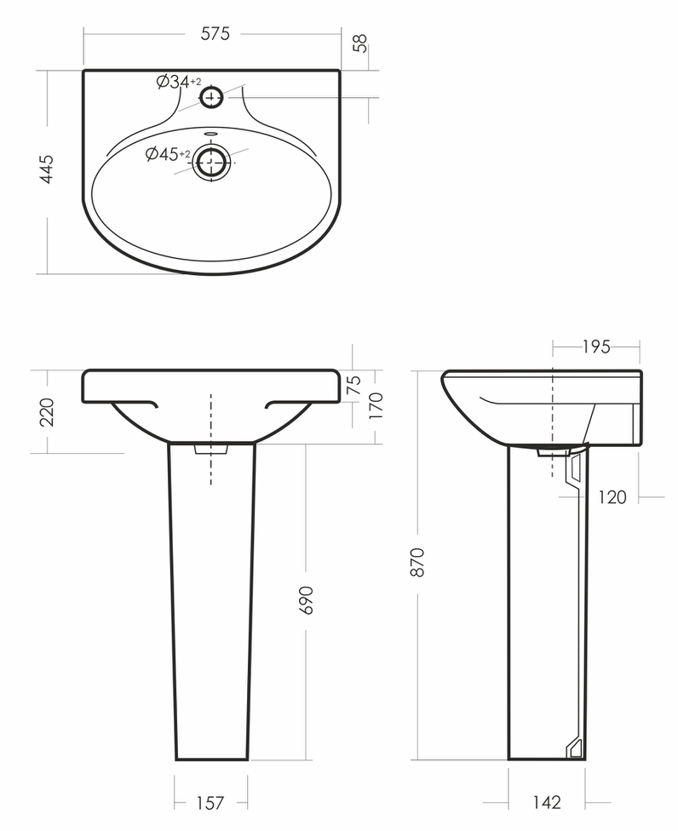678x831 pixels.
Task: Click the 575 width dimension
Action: (215, 34)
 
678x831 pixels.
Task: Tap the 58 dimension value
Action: (360, 43)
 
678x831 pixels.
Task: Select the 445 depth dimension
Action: (47, 169)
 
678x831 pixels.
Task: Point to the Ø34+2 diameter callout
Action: (179, 82)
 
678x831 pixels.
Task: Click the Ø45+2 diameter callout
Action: (168, 154)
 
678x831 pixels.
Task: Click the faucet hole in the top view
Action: (211, 97)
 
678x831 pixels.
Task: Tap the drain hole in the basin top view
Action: (212, 161)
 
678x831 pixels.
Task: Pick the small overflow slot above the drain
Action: (211, 133)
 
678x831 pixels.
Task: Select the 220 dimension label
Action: (47, 412)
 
